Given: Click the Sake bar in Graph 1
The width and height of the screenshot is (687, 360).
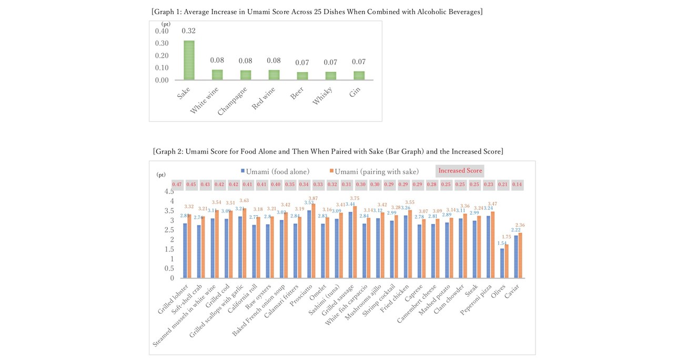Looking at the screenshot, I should (x=188, y=60).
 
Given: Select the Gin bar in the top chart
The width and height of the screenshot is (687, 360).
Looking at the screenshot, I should (x=358, y=75).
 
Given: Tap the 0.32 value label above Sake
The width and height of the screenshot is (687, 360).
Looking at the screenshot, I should (x=188, y=31).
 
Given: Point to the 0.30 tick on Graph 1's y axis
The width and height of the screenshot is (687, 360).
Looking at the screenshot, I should (x=161, y=43).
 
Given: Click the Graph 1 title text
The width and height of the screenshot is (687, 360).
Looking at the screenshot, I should (x=317, y=12).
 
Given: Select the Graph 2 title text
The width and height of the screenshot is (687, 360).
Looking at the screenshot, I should (x=328, y=152).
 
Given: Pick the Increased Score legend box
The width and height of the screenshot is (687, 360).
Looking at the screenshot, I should (x=460, y=171).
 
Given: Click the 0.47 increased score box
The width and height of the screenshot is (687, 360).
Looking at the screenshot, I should (x=177, y=185).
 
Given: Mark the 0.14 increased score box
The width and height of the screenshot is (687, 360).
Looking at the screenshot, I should (x=517, y=185).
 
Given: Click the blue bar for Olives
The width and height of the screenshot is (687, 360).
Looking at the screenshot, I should (x=502, y=263).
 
